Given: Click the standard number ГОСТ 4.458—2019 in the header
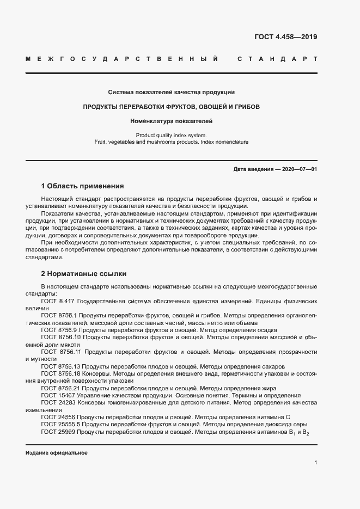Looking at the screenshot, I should coord(285,37).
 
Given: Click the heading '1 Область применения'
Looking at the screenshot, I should coord(83,186).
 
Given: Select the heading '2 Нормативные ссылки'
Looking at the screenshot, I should coord(83,273).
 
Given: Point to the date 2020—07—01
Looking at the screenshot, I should coord(298,169).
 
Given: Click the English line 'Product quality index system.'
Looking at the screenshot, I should coord(171,134).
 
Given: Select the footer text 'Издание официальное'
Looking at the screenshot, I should coord(57,453).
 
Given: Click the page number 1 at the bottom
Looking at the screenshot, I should coord(316,463).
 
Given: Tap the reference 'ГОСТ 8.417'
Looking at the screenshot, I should coord(58,301).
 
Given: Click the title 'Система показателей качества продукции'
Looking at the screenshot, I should coord(171,92).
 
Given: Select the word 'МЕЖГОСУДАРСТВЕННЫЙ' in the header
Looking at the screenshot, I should coord(123,59).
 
